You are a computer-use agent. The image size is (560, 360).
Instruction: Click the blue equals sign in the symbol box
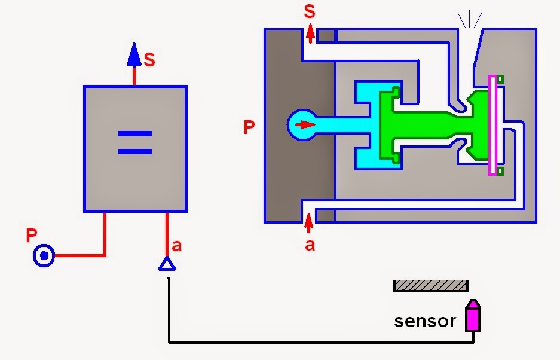134,143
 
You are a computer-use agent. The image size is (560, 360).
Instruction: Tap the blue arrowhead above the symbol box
134,55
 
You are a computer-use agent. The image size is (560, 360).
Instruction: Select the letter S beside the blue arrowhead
149,60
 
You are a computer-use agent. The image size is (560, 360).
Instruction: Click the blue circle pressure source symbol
44,257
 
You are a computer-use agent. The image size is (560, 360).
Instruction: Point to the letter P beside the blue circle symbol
32,236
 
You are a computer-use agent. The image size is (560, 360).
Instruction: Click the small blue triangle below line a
167,264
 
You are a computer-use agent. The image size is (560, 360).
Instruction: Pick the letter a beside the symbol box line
176,245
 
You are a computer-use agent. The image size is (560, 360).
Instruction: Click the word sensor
425,321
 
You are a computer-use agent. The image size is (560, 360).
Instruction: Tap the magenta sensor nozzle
473,315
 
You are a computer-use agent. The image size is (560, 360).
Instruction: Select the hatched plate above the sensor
430,286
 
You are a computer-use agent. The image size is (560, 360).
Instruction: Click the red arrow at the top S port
310,34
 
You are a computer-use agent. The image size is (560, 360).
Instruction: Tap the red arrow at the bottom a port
308,223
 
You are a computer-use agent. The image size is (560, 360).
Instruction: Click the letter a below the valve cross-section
310,245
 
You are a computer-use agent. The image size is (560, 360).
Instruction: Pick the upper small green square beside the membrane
500,79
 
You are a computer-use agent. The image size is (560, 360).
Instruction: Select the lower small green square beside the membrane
500,172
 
